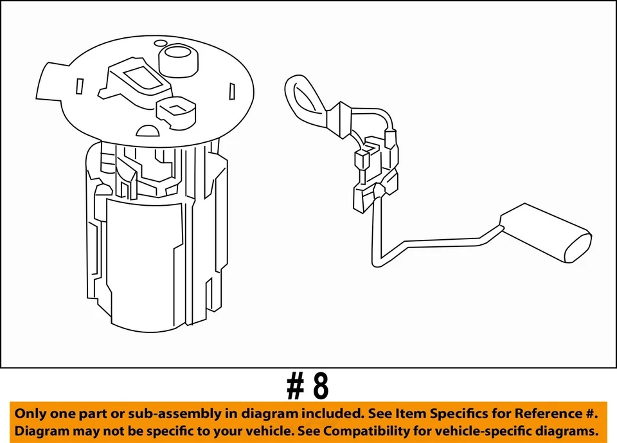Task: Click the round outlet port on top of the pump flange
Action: click(178, 58)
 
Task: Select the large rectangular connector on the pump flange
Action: click(139, 80)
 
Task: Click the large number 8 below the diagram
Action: click(320, 386)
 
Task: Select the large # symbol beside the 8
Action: click(295, 386)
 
